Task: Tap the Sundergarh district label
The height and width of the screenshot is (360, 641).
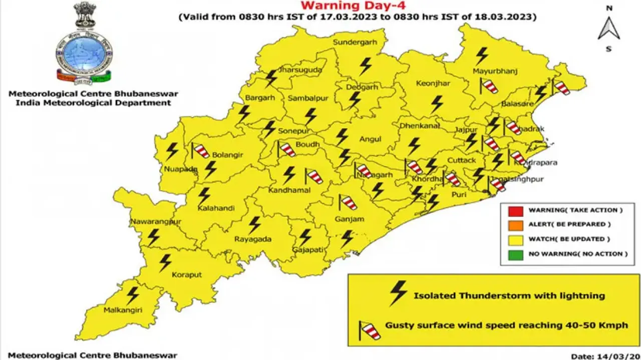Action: click(x=355, y=43)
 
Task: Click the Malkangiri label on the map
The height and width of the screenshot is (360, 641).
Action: click(x=123, y=310)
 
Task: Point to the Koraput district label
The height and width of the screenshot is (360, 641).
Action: click(x=186, y=275)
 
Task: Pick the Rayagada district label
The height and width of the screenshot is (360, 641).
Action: click(x=253, y=239)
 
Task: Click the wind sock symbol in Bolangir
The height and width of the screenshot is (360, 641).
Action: click(x=200, y=150)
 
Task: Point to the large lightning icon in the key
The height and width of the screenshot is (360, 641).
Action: click(x=398, y=293)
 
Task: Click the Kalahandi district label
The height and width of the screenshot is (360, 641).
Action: click(x=215, y=208)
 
